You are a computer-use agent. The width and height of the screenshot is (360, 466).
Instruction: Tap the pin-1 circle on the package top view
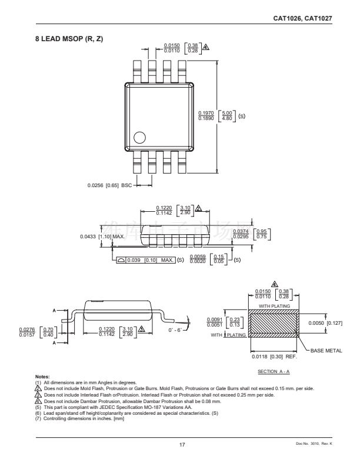coord(139,138)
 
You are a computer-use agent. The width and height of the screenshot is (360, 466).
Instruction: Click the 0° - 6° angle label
coord(176,331)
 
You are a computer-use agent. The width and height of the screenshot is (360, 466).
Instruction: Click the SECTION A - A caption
coord(274,372)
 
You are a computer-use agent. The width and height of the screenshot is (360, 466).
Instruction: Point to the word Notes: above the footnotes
coord(44,375)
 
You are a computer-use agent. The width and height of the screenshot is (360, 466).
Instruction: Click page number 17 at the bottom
coord(182,445)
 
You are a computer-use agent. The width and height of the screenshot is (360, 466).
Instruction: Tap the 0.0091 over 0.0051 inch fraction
coord(215,322)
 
